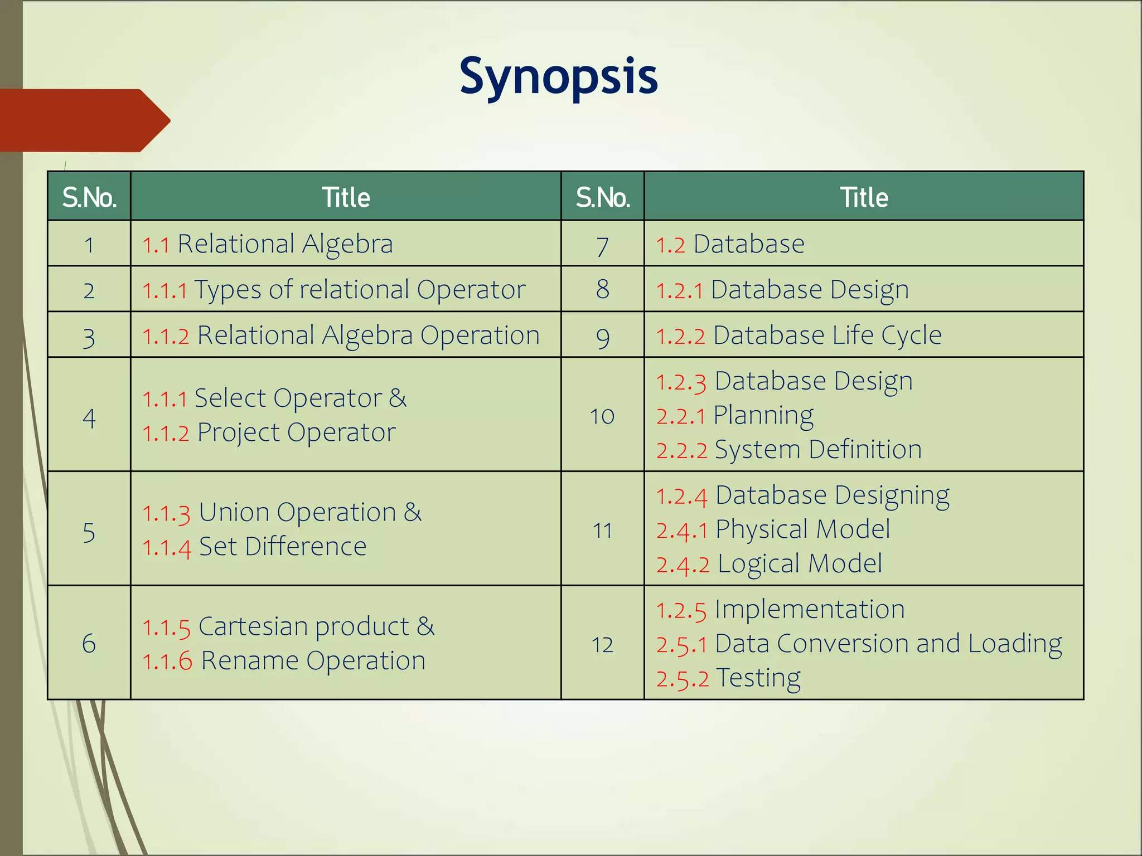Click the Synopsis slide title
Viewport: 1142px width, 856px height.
pos(558,77)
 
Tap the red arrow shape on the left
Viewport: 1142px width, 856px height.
pos(84,120)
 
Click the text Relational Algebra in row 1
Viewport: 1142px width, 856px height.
pos(284,244)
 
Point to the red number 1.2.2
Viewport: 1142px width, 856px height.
pos(680,337)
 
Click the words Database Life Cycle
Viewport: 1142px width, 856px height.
pos(827,335)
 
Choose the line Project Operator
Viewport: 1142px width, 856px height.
pos(296,433)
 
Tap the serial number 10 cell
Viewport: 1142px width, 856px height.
pos(602,416)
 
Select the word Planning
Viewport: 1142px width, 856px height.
pos(763,416)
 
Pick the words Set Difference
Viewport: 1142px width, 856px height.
pos(282,547)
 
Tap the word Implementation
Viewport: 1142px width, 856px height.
pos(809,609)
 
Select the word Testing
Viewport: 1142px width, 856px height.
pos(758,678)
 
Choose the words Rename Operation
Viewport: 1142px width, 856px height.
pos(313,661)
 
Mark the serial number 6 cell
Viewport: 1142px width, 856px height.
pos(89,644)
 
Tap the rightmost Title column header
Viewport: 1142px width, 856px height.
pos(864,197)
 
